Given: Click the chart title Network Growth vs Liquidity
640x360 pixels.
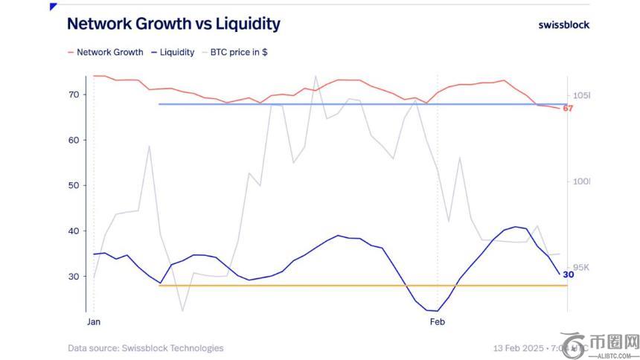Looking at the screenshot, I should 173,24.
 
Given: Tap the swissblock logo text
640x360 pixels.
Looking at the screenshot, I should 563,25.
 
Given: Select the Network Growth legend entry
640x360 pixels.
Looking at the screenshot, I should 109,52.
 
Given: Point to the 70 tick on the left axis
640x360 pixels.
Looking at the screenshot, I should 73,94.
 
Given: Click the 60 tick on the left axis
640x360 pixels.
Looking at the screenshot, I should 73,140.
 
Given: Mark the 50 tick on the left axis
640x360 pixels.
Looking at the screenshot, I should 73,185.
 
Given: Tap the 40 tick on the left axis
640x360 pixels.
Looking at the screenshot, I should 73,231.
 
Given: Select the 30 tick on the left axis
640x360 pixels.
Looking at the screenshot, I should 73,276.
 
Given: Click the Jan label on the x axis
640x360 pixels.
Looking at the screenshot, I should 94,322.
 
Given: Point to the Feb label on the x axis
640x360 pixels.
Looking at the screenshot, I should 437,322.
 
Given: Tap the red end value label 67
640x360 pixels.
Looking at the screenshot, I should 568,109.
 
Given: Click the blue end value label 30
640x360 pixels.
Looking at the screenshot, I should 568,274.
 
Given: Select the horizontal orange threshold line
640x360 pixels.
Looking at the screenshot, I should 357,286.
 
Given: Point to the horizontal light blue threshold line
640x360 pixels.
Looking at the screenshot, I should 357,104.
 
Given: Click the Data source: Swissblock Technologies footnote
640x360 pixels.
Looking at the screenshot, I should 145,347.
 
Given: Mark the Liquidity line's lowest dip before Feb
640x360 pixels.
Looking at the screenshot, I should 429,310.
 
